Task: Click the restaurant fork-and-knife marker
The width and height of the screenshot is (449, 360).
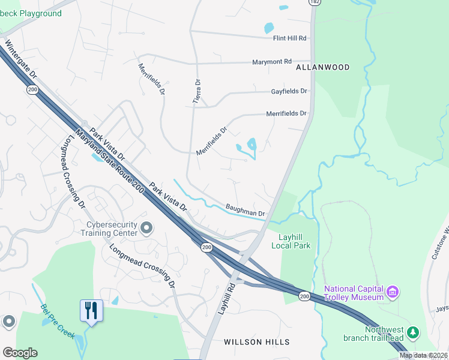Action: point(91,311)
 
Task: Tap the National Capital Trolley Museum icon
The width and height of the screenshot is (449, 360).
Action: point(393,293)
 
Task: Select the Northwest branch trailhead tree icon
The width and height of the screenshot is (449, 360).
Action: point(412,332)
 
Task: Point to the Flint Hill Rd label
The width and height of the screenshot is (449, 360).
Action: point(290,38)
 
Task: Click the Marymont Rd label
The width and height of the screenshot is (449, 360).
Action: point(271,62)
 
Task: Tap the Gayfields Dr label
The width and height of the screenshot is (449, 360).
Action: point(289,91)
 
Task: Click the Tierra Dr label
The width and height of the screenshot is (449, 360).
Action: point(196,92)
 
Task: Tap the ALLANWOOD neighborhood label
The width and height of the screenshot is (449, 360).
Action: point(322,68)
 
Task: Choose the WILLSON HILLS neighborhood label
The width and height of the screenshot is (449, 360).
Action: point(256,342)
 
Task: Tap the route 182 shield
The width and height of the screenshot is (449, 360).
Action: point(314,2)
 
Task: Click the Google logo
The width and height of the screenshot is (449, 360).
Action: point(20,353)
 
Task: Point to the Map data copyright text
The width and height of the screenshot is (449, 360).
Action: point(424,355)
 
